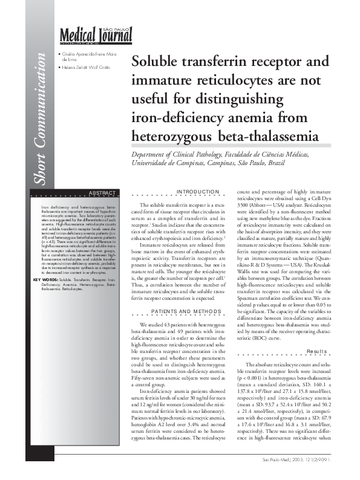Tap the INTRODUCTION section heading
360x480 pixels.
[193, 192]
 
